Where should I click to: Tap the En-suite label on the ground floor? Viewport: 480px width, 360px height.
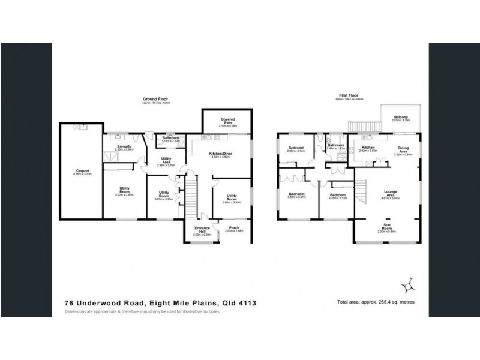pos(124,146)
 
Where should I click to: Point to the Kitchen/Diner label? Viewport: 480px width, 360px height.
pos(220,154)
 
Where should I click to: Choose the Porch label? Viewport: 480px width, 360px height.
pos(233,229)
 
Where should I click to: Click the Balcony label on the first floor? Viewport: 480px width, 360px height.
pos(401,117)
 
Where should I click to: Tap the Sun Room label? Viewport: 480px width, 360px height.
pos(388,226)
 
